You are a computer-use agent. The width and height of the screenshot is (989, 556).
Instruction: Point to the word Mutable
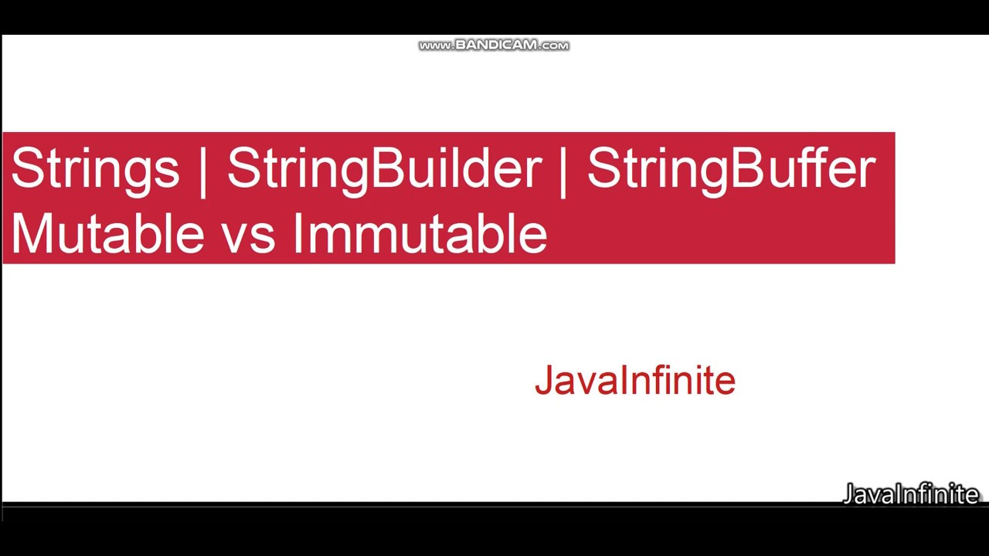107,234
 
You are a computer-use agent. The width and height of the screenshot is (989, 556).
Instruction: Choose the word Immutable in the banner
420,234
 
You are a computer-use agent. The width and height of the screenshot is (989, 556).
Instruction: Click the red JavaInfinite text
634,381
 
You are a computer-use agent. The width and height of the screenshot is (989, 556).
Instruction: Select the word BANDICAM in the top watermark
495,46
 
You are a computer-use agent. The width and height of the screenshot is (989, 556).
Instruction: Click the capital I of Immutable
297,234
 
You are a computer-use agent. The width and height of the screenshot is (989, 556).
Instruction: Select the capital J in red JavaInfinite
543,381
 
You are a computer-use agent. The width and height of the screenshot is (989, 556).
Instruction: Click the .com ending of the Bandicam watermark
553,46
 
